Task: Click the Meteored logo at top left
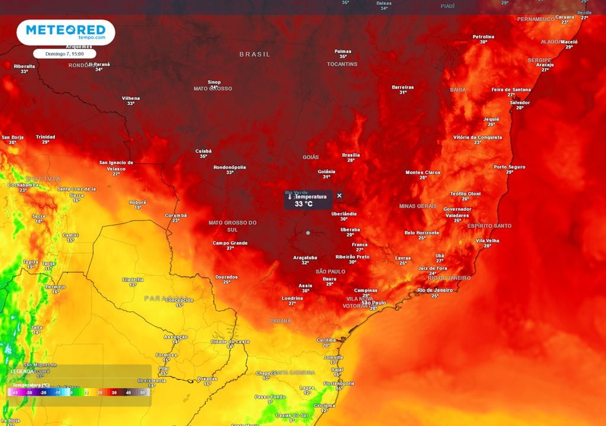coord(66,32)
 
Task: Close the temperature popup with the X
coord(339,196)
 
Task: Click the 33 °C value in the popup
coord(304,204)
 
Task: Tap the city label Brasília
coord(351,155)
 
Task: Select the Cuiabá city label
coord(203,151)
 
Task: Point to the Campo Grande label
coord(230,243)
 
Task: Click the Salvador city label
coord(520,102)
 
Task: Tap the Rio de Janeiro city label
coord(435,290)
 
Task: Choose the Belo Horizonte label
coord(422,233)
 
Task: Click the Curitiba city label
coord(326,340)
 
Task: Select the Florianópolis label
coord(339,383)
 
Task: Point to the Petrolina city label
coord(483,37)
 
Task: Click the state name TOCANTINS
coord(342,64)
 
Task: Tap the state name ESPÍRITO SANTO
coord(489,226)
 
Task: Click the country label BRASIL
coord(254,54)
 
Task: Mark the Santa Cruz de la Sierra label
coord(76,191)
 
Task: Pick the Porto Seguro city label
coord(510,167)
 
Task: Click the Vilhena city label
coord(131,98)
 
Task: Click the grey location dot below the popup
coord(308,233)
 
